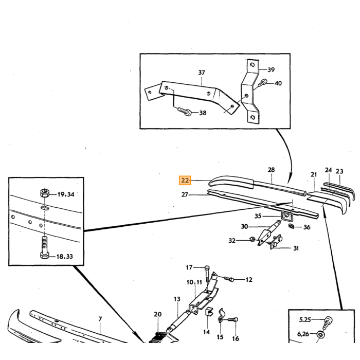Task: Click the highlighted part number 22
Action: (185, 180)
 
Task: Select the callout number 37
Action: (202, 73)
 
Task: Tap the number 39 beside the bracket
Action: (271, 69)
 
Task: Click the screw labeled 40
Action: (262, 83)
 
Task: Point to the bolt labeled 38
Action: (184, 111)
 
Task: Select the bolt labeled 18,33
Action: (45, 248)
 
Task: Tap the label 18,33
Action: (64, 256)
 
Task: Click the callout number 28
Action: (271, 170)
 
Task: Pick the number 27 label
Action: (185, 195)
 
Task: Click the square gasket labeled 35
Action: (286, 216)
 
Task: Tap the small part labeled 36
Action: (292, 226)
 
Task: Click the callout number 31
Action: (296, 248)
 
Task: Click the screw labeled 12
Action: (229, 279)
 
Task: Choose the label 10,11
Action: (194, 282)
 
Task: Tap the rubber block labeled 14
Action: (209, 311)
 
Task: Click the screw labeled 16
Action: (233, 319)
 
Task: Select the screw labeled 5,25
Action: (329, 322)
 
